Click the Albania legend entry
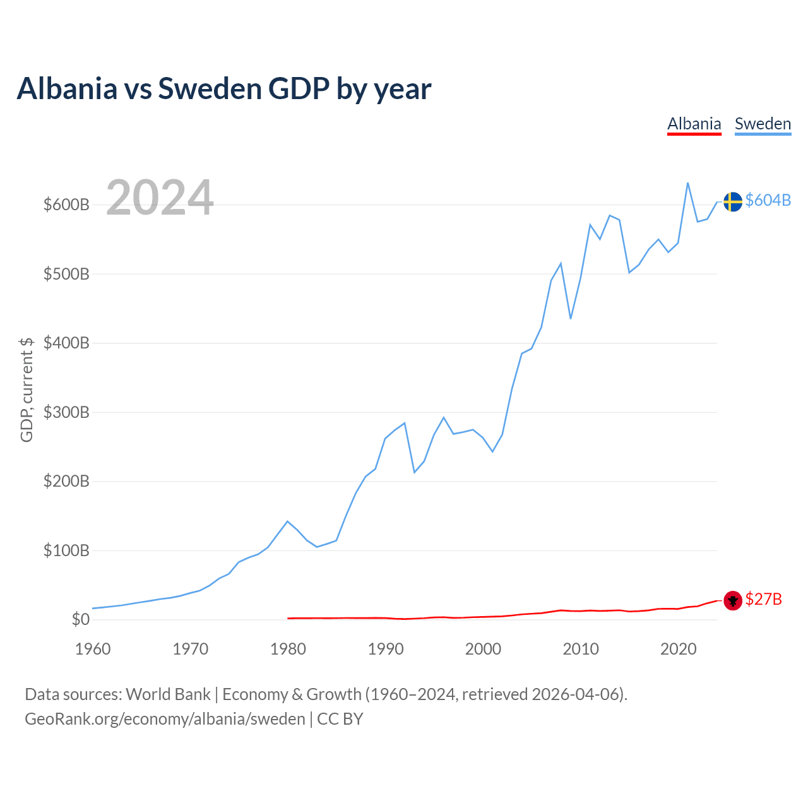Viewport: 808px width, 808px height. (694, 124)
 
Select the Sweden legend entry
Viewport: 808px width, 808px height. (763, 124)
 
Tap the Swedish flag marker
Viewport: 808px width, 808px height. (732, 201)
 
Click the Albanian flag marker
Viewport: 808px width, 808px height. (732, 600)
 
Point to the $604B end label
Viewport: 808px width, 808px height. (768, 200)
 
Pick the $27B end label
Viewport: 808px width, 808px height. (763, 599)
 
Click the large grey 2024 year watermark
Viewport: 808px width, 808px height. (160, 198)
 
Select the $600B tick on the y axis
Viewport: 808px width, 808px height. (66, 205)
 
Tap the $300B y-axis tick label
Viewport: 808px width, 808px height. (66, 413)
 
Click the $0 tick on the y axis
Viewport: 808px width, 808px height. (80, 620)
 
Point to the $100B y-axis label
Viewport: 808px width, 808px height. (66, 551)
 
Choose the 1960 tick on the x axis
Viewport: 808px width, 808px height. (93, 649)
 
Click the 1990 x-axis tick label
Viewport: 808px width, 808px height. (386, 649)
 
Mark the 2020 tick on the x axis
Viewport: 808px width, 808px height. (678, 649)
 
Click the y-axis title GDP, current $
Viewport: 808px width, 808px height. (27, 389)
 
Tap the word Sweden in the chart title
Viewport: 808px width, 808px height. (209, 88)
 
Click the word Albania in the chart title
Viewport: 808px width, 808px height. (68, 88)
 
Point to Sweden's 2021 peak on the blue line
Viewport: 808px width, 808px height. (687, 183)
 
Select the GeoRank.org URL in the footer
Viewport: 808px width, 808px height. (165, 719)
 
